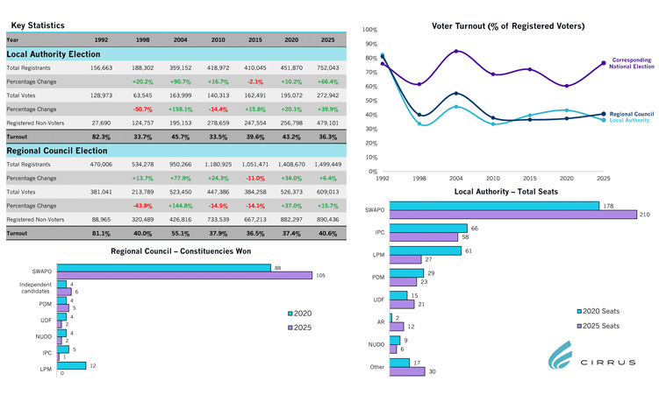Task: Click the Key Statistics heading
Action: tap(38, 26)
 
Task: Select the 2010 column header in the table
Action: tap(218, 40)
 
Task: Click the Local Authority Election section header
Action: tap(54, 54)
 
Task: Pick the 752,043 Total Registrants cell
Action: tap(327, 67)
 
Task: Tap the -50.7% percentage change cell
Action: tap(143, 109)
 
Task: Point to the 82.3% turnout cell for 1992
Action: tap(101, 137)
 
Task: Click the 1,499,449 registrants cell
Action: tap(327, 164)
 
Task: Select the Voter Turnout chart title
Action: tap(508, 26)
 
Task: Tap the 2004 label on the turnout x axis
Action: tap(455, 178)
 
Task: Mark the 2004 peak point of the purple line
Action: tap(455, 51)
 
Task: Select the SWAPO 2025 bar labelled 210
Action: tap(512, 214)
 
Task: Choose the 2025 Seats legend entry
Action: tap(601, 325)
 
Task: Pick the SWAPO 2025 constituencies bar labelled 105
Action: tap(184, 275)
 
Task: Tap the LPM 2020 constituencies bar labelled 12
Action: tap(71, 365)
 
